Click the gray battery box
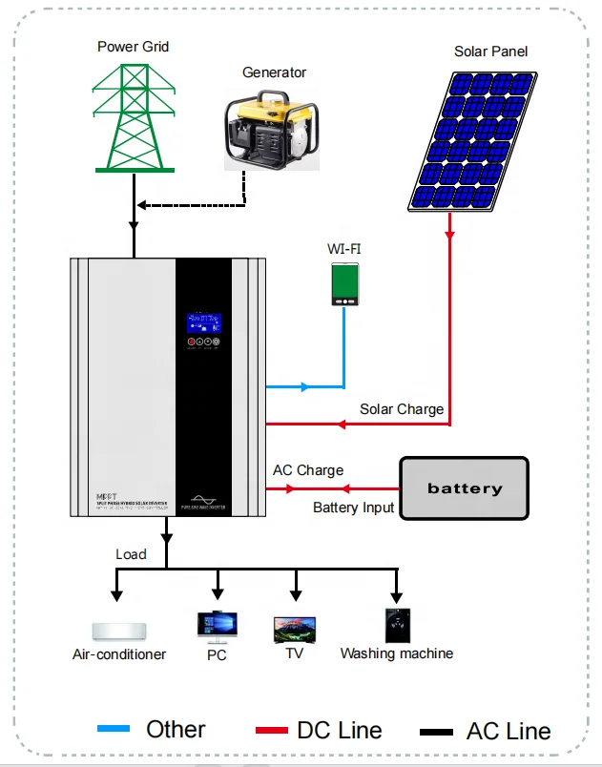(464, 488)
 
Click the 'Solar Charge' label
(401, 409)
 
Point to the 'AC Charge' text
(307, 470)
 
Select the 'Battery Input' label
(353, 508)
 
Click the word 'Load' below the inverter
(131, 554)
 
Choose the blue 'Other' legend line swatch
(114, 731)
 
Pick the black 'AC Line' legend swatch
(436, 733)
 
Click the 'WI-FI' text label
(343, 249)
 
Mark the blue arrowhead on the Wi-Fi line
(304, 387)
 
